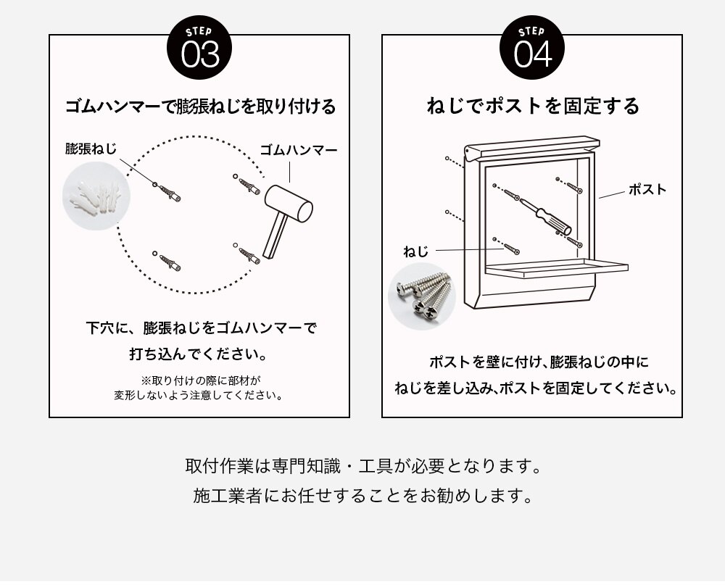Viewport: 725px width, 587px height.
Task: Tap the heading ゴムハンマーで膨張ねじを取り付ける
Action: click(x=200, y=107)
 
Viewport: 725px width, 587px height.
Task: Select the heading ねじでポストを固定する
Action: click(x=533, y=107)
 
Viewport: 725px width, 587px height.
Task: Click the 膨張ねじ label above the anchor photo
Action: click(x=91, y=149)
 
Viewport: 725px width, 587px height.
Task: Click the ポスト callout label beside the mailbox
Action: click(x=647, y=189)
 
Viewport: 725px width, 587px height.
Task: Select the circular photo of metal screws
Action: click(x=422, y=295)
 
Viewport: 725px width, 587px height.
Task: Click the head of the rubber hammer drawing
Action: click(x=289, y=204)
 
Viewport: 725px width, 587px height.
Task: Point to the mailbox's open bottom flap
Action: click(x=555, y=268)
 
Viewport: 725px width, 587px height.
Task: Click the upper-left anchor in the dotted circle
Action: click(x=170, y=192)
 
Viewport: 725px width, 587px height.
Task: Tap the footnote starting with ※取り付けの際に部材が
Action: click(x=199, y=388)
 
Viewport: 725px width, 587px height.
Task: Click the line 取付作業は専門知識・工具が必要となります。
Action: click(x=362, y=465)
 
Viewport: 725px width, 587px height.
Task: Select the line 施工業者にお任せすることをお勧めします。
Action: click(x=362, y=496)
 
